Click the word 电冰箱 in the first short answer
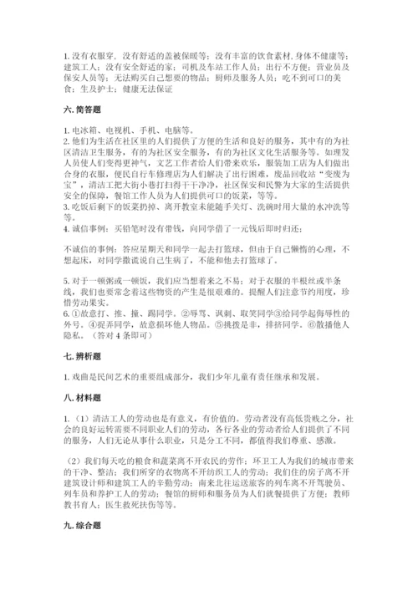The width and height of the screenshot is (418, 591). (84, 130)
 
